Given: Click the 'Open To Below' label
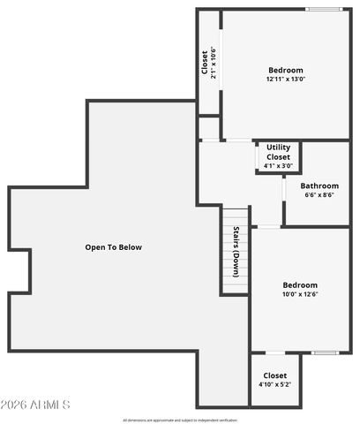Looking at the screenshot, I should (113, 247).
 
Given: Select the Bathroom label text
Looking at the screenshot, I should (319, 185).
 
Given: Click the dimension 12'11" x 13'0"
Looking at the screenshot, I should (285, 79).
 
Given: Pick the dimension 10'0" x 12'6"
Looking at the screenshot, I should (300, 294).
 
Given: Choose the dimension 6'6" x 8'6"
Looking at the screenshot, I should (319, 195).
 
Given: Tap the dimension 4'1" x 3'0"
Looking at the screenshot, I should (278, 165).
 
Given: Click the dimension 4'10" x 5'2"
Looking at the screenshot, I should (274, 385).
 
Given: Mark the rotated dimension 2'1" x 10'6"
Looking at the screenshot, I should (213, 64).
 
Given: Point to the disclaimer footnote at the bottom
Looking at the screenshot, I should (180, 420).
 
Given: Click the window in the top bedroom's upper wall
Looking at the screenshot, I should (323, 10).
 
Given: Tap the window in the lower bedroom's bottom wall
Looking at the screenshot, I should (325, 352).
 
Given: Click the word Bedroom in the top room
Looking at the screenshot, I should (285, 70).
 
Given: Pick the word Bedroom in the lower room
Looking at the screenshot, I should (300, 284).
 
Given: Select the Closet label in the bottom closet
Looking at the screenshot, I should (274, 375).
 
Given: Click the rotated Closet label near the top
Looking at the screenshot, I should (205, 64).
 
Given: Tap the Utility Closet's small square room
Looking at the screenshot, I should (278, 157).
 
